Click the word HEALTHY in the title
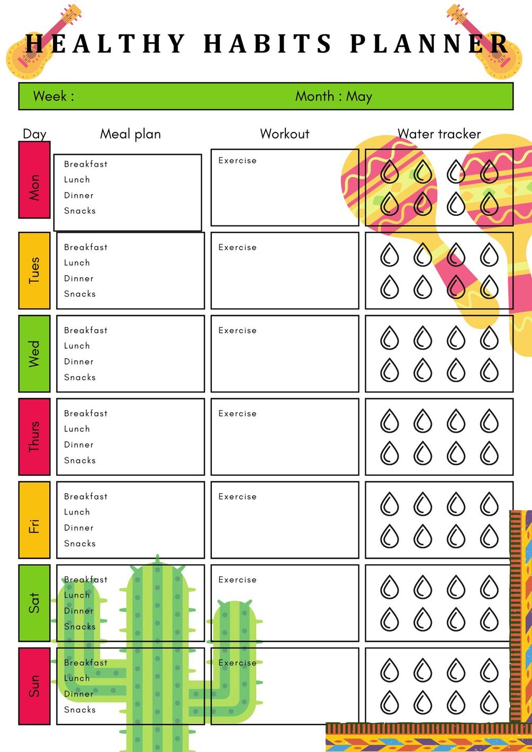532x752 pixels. [105, 43]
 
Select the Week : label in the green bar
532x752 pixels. [53, 96]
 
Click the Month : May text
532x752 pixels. [333, 96]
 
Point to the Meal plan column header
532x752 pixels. [130, 134]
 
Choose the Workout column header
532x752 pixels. [284, 134]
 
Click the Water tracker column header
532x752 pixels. [439, 134]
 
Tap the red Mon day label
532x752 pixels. [34, 180]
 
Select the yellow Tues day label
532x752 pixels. [34, 270]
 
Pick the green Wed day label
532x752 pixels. [34, 354]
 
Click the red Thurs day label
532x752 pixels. [34, 437]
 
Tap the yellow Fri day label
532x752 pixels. [34, 520]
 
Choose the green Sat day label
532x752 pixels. [34, 603]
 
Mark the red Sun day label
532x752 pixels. [34, 686]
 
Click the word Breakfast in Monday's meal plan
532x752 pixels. [86, 164]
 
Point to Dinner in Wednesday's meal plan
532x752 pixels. [79, 361]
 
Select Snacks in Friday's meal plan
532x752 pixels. [80, 543]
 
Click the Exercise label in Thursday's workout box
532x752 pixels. [237, 413]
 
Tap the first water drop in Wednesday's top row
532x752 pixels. [390, 338]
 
